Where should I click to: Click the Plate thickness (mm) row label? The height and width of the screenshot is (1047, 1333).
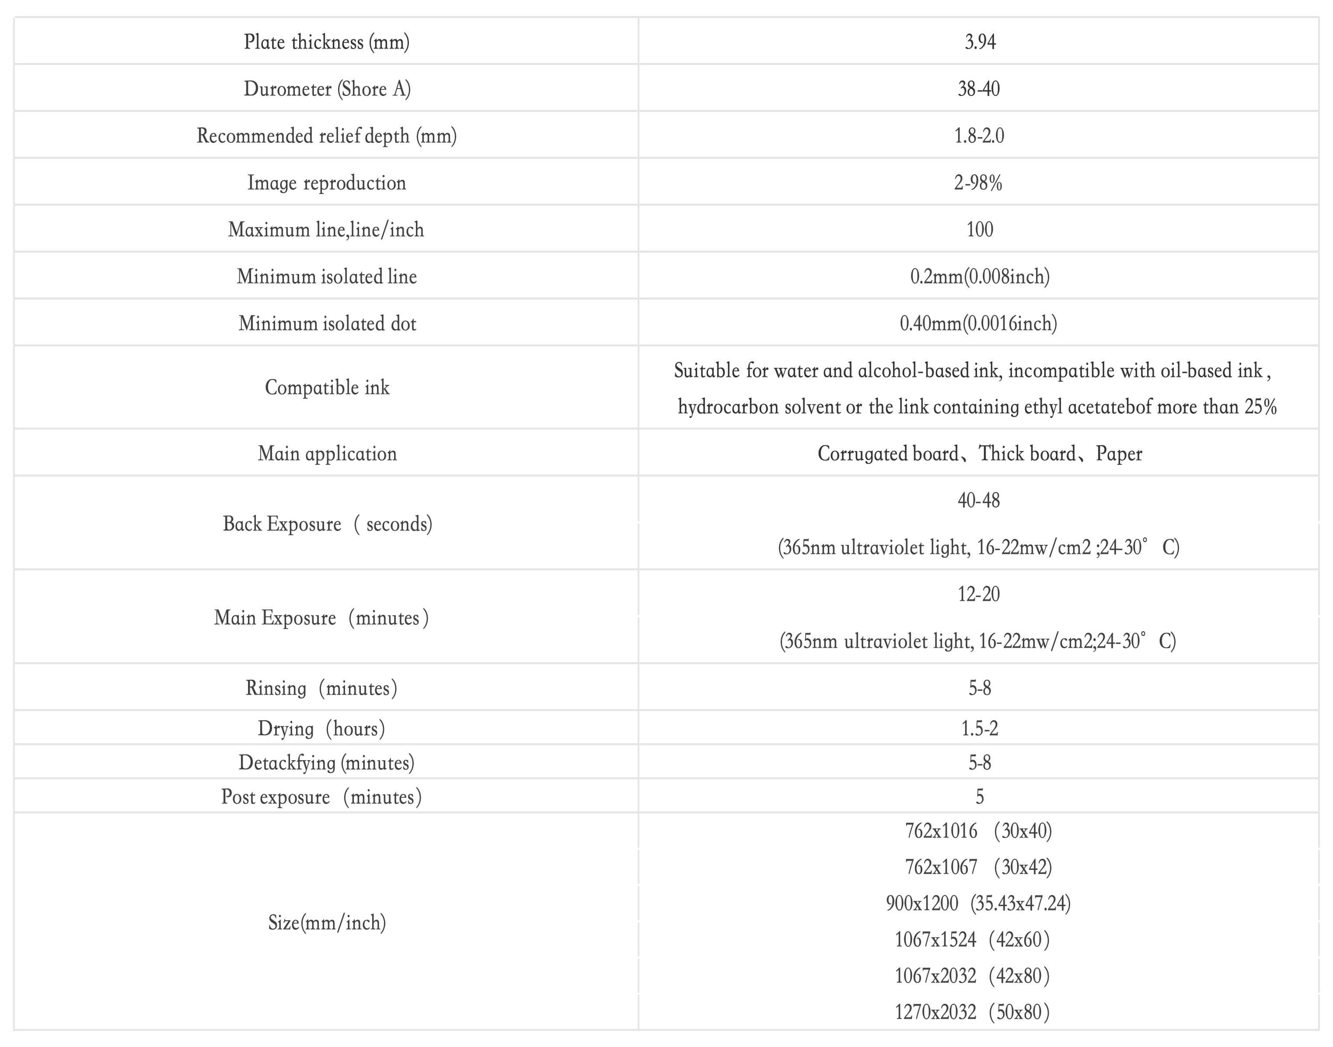point(326,42)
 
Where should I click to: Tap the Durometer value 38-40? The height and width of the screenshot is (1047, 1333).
point(978,89)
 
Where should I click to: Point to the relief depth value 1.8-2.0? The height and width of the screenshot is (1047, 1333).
point(978,135)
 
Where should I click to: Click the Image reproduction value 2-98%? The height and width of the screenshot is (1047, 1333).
point(978,183)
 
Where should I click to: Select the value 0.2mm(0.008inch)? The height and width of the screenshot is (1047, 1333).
point(979,277)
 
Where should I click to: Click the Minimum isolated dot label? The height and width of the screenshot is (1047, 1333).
point(327,323)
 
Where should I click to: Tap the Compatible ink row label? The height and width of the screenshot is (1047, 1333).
point(327,388)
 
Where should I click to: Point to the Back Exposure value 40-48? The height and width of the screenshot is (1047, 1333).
point(978,500)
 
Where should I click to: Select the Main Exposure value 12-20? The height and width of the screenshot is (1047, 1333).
point(978,594)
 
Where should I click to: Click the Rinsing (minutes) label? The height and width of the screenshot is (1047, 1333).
point(322,688)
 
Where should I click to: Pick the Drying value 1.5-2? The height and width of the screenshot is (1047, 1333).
point(979,728)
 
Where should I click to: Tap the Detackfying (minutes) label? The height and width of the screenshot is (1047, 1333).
point(326,762)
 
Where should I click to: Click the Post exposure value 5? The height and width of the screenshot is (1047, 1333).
point(979,797)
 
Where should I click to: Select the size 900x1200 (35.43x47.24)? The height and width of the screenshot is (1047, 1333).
point(978,903)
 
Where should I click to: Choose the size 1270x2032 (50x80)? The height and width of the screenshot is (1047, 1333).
point(972,1011)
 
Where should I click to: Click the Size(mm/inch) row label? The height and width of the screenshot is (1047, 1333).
point(327,923)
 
